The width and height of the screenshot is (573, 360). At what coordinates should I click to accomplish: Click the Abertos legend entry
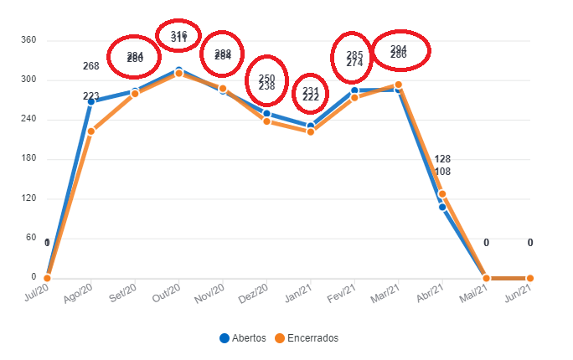tap(243, 338)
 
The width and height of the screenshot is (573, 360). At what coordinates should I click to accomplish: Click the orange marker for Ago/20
tap(91, 131)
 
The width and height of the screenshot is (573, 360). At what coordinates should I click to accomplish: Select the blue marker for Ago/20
tap(91, 101)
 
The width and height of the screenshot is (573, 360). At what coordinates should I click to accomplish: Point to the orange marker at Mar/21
tap(399, 85)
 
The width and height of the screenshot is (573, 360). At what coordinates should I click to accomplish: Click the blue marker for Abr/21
tap(442, 207)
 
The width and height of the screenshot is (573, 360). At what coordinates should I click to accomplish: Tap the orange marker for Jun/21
tap(530, 278)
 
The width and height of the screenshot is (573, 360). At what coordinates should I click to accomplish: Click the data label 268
tap(91, 66)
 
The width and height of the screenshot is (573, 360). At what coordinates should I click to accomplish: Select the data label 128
tap(443, 160)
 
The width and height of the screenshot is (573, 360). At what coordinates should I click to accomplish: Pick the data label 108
tap(443, 172)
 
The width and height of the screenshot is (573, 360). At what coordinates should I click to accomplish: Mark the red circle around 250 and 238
tap(266, 82)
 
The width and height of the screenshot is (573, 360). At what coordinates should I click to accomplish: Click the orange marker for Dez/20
tap(266, 121)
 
